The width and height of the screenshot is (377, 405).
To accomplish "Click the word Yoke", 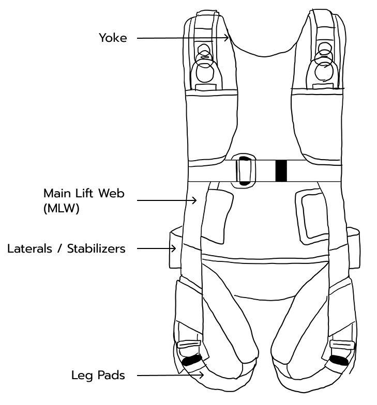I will (x=113, y=38).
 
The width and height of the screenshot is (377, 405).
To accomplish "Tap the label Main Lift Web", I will (x=84, y=194).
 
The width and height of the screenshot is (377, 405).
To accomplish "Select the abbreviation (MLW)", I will (x=62, y=209).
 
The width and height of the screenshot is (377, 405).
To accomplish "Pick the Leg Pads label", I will (x=98, y=376).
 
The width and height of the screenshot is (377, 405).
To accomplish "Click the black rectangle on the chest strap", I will (x=281, y=170).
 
